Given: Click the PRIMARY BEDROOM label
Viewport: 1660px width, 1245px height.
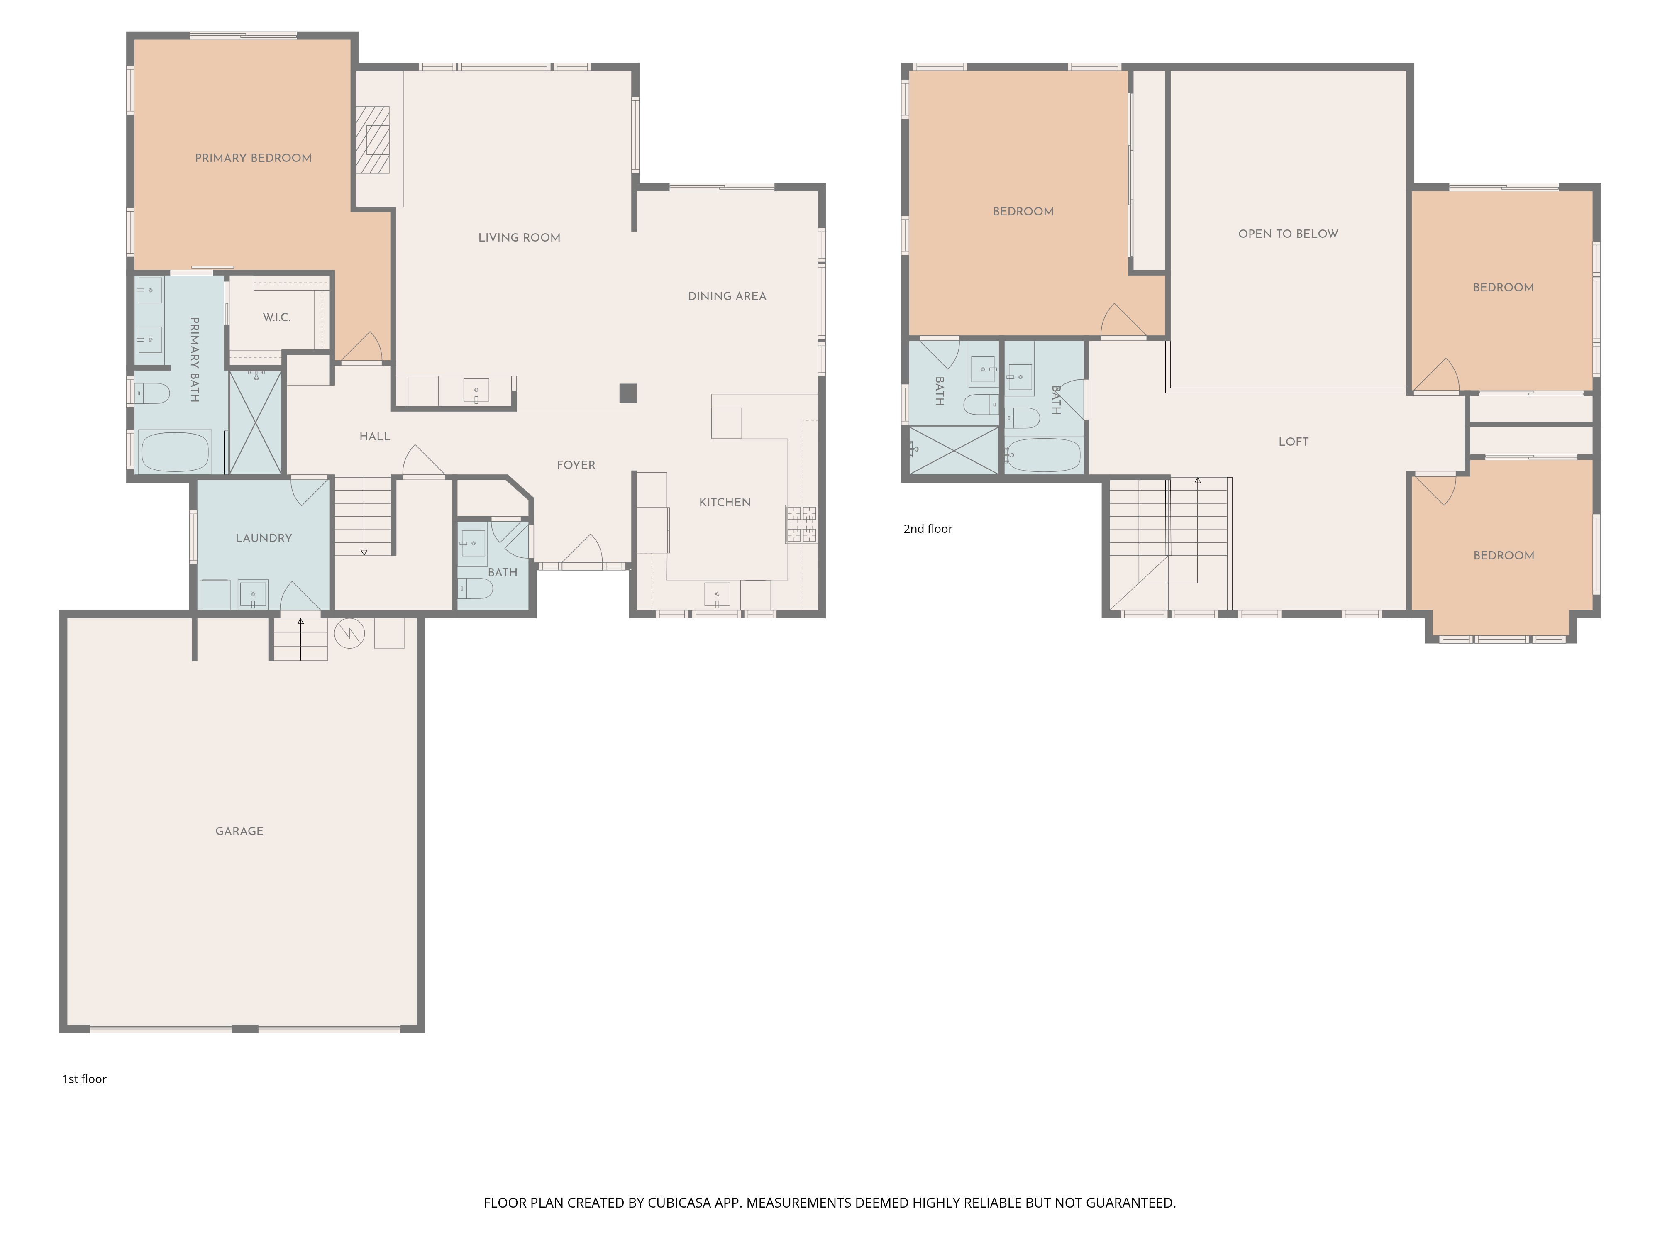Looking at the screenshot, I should pos(253,158).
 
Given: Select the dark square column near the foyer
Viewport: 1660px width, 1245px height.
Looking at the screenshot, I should pos(628,393).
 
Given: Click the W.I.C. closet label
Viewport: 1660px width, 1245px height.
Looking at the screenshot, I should pos(276,317).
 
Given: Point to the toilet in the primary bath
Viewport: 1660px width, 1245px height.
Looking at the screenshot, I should pos(152,393).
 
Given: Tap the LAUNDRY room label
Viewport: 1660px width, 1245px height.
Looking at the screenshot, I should pos(264,538).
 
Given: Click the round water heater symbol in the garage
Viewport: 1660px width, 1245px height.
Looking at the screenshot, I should pos(349,633).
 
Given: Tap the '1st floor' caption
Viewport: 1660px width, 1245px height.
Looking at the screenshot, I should pos(84,1079).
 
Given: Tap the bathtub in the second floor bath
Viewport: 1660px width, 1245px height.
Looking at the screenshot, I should pos(1043,455).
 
